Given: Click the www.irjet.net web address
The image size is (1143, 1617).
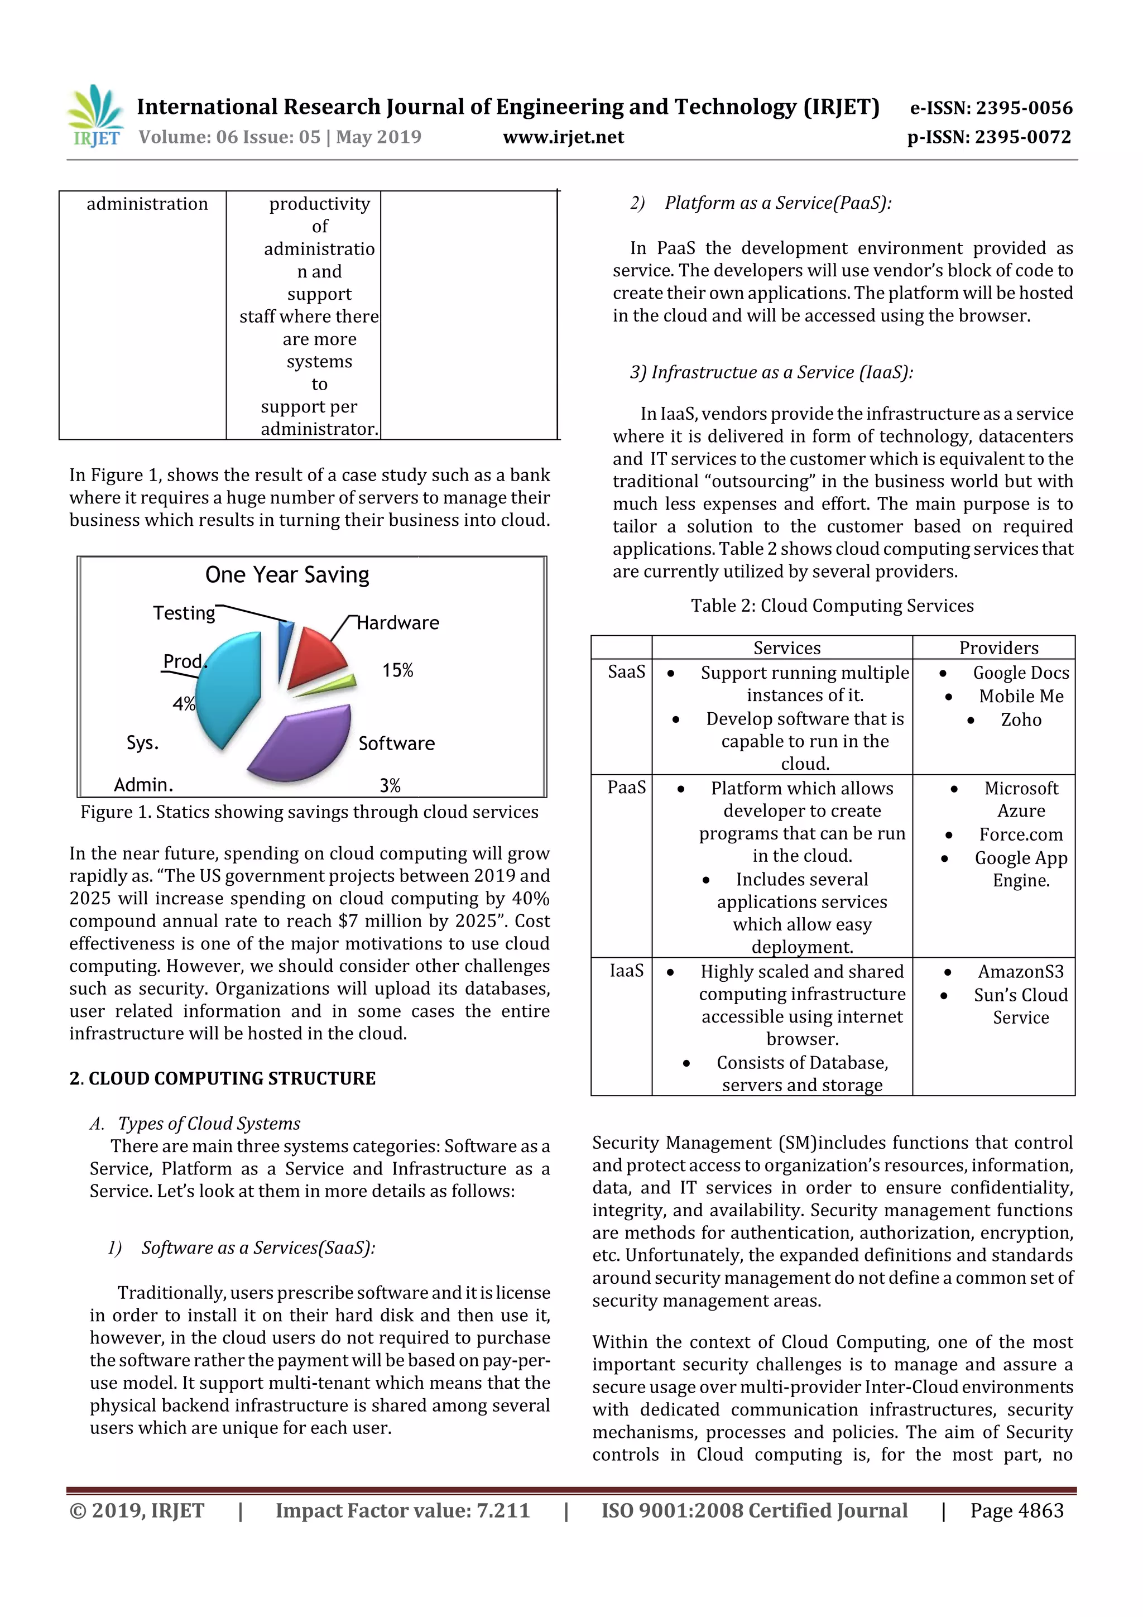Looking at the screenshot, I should click(563, 137).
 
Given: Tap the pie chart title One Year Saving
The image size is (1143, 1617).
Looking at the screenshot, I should click(287, 575).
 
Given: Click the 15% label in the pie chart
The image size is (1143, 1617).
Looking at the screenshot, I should click(397, 670).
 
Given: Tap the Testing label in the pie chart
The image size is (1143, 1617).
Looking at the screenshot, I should click(184, 613).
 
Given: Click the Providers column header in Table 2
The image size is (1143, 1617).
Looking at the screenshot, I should click(998, 648).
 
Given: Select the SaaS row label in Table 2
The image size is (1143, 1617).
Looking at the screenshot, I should click(626, 672).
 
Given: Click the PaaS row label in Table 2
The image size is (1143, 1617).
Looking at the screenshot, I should click(626, 788).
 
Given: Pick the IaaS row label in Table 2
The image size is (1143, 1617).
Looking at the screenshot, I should click(626, 971).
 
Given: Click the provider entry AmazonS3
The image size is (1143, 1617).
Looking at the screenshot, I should click(1020, 972).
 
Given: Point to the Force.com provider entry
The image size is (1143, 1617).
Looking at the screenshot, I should click(1020, 834).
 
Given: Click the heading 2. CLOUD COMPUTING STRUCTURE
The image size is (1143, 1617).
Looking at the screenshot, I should click(223, 1078).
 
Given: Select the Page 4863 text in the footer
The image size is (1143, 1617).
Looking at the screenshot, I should click(1016, 1510).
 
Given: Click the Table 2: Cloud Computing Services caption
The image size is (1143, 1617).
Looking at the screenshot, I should click(832, 606).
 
